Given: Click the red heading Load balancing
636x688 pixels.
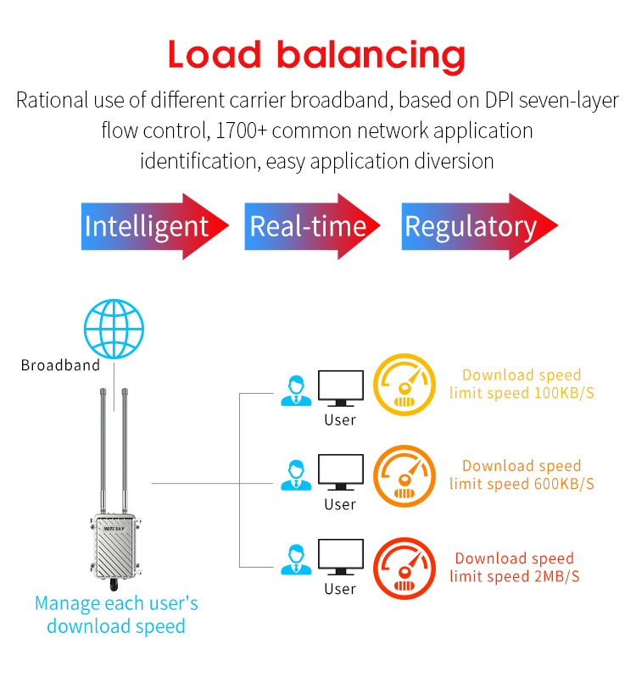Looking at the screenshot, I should [316, 55].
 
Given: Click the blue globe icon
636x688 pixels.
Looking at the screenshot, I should [114, 327].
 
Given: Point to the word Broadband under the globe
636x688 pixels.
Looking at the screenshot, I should [60, 366].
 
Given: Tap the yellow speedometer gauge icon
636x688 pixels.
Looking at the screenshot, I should [404, 386].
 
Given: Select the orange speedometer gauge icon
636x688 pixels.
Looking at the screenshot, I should [404, 477].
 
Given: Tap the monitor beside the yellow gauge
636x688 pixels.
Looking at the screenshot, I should [340, 389].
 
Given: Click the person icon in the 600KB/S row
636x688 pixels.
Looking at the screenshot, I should [295, 474].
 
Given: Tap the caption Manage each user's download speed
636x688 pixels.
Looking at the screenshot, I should [116, 615].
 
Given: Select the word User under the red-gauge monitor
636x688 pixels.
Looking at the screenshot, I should [340, 589].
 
